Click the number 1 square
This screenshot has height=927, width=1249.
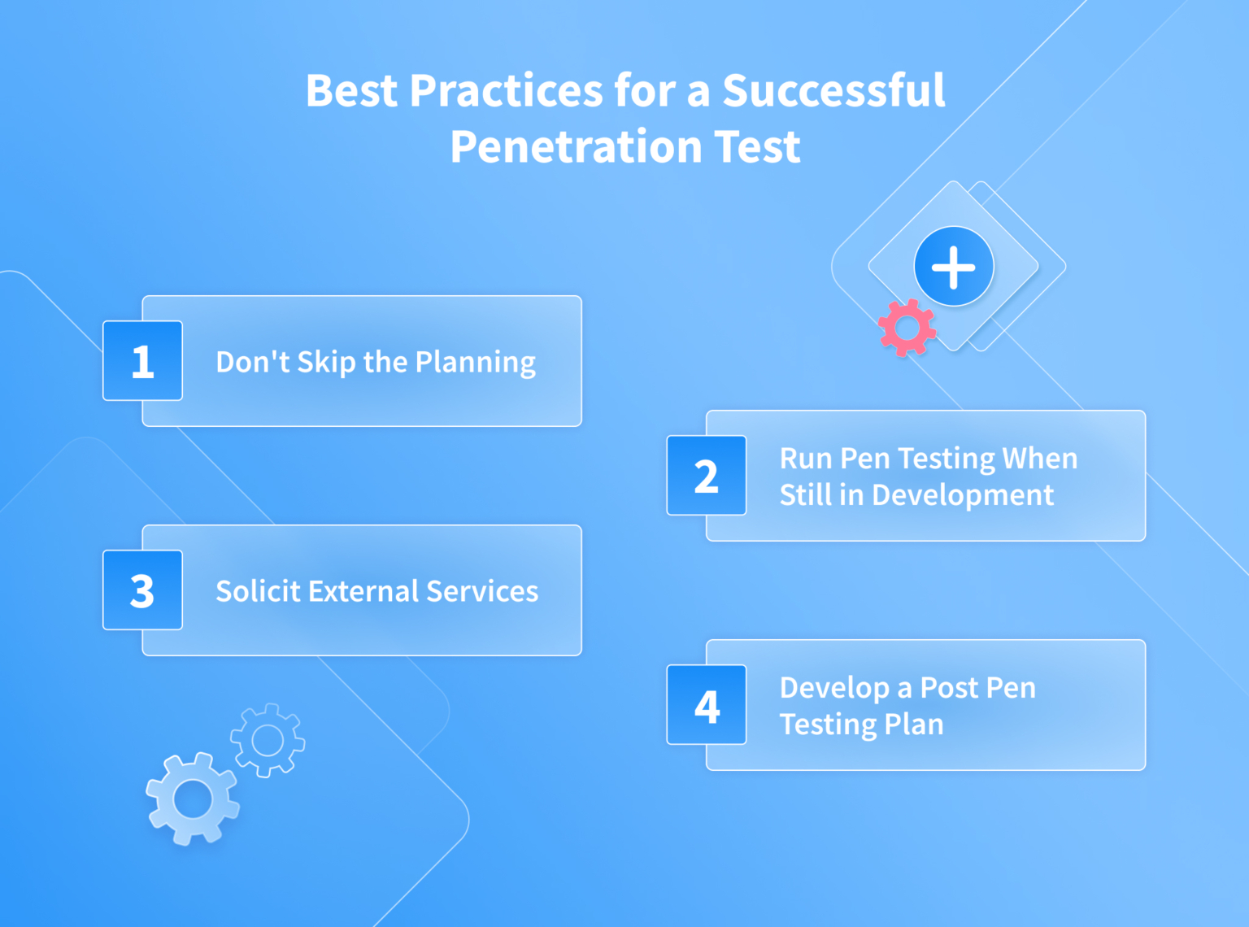142,360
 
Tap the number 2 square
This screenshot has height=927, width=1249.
706,476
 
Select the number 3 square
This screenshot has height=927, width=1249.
142,590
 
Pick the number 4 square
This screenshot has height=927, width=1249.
706,705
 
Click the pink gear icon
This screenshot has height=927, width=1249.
907,328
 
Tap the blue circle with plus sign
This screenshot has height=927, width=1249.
953,267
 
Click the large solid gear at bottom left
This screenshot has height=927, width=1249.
193,799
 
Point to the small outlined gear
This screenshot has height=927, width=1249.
268,740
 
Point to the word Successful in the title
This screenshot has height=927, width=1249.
833,90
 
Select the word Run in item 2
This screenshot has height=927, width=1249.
805,459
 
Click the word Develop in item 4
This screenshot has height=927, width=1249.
833,689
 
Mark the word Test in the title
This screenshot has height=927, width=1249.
757,147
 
